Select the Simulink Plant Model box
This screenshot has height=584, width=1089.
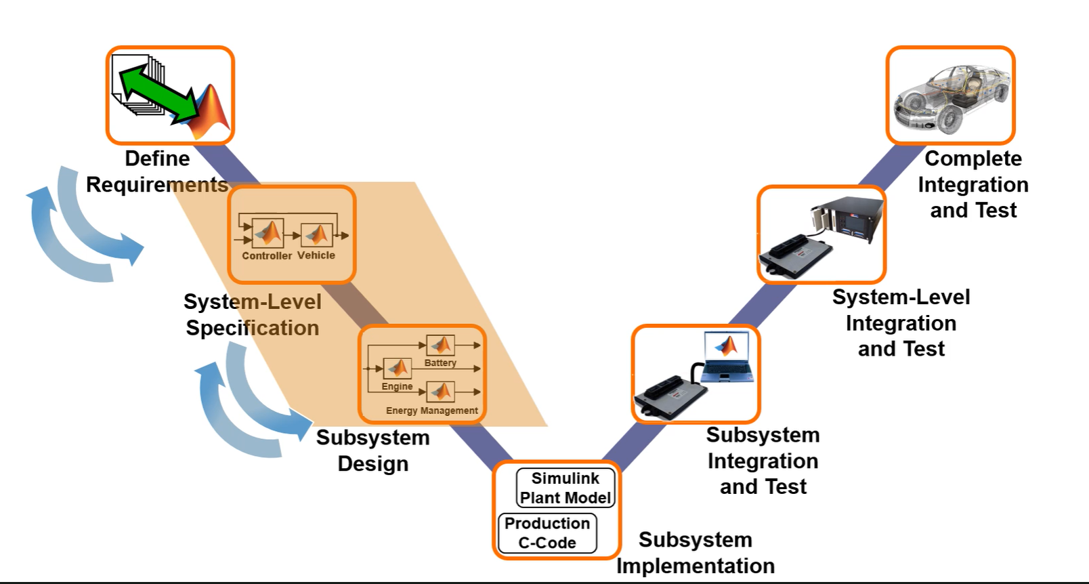565,488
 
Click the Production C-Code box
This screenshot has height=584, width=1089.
547,533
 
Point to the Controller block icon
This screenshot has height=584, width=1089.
268,233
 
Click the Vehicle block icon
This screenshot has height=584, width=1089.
316,235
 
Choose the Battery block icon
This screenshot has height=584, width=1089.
440,346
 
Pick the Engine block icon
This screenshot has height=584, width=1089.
398,368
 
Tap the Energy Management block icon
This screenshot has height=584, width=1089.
440,392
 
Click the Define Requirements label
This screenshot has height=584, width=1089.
157,171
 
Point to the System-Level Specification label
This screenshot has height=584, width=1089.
252,315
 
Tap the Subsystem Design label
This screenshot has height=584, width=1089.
372,451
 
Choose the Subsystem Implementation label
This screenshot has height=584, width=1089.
696,553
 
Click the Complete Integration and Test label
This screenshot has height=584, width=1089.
973,184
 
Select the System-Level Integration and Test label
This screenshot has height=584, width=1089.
901,323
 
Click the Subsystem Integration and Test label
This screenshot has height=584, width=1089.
763,461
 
